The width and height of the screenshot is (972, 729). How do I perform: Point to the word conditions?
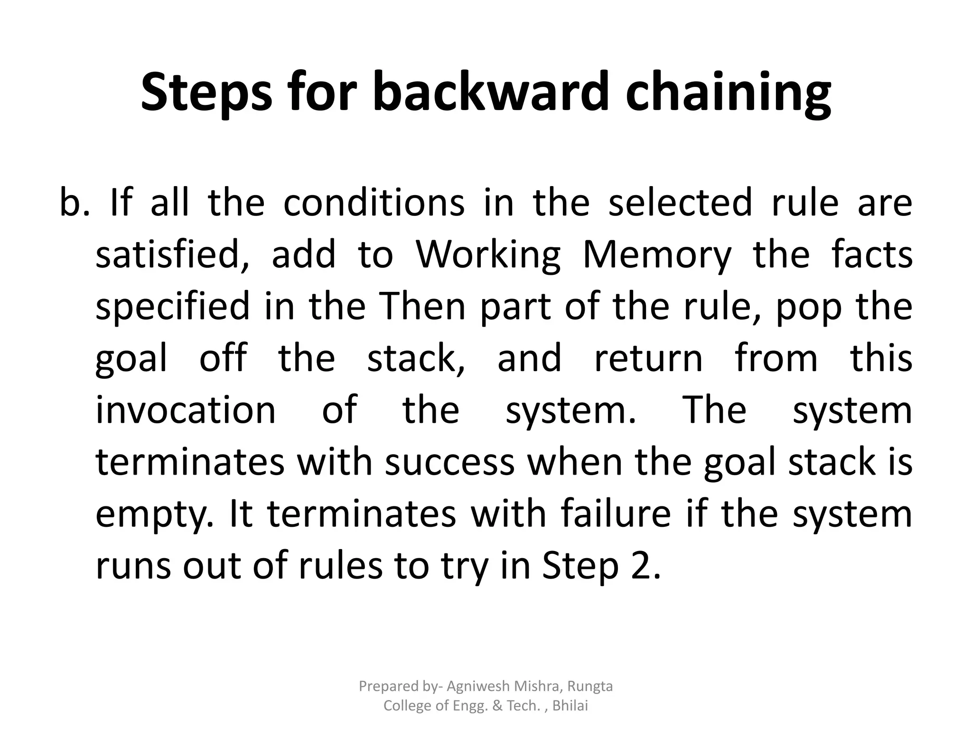pyautogui.click(x=374, y=203)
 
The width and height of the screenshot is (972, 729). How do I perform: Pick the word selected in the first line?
pyautogui.click(x=680, y=203)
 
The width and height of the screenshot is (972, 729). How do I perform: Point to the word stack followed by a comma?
pyautogui.click(x=416, y=359)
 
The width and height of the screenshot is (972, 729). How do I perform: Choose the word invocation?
pyautogui.click(x=186, y=410)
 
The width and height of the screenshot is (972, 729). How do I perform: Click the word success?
pyautogui.click(x=449, y=462)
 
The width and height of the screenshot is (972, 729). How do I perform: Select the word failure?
pyautogui.click(x=616, y=514)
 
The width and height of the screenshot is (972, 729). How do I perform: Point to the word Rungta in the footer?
pyautogui.click(x=590, y=687)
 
